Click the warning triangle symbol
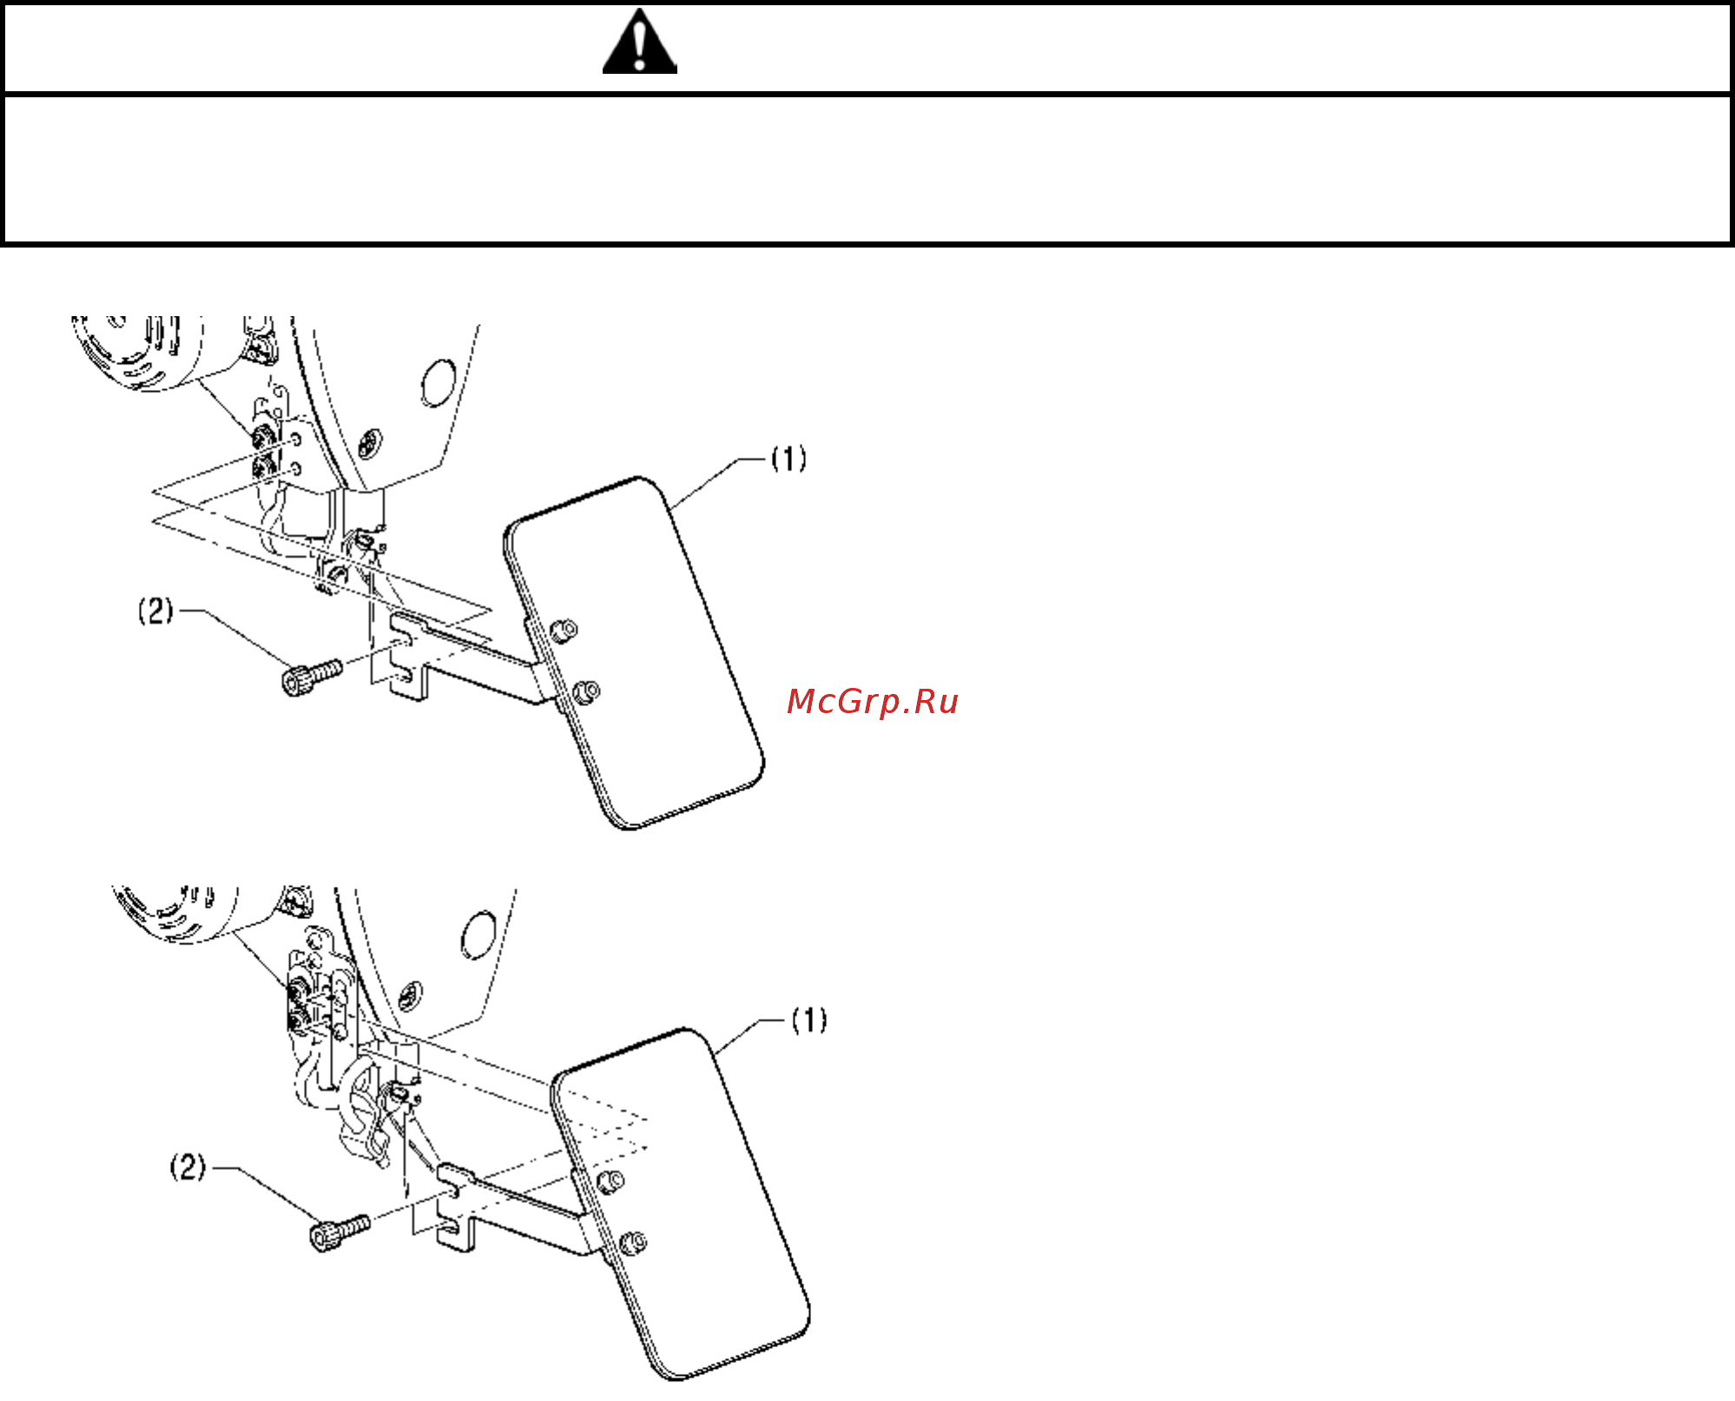(640, 41)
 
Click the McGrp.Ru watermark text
(872, 702)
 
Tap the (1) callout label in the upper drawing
(789, 459)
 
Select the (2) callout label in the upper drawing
(156, 611)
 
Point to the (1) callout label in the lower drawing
(809, 1020)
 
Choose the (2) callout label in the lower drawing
(188, 1166)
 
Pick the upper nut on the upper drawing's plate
(564, 631)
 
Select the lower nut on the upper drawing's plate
(587, 692)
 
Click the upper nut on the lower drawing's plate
(610, 1181)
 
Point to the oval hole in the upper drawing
(437, 383)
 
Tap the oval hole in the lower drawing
(478, 935)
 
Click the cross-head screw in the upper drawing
(370, 441)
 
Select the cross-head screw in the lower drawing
(410, 995)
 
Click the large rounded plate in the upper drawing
(634, 653)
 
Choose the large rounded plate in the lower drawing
(681, 1204)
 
